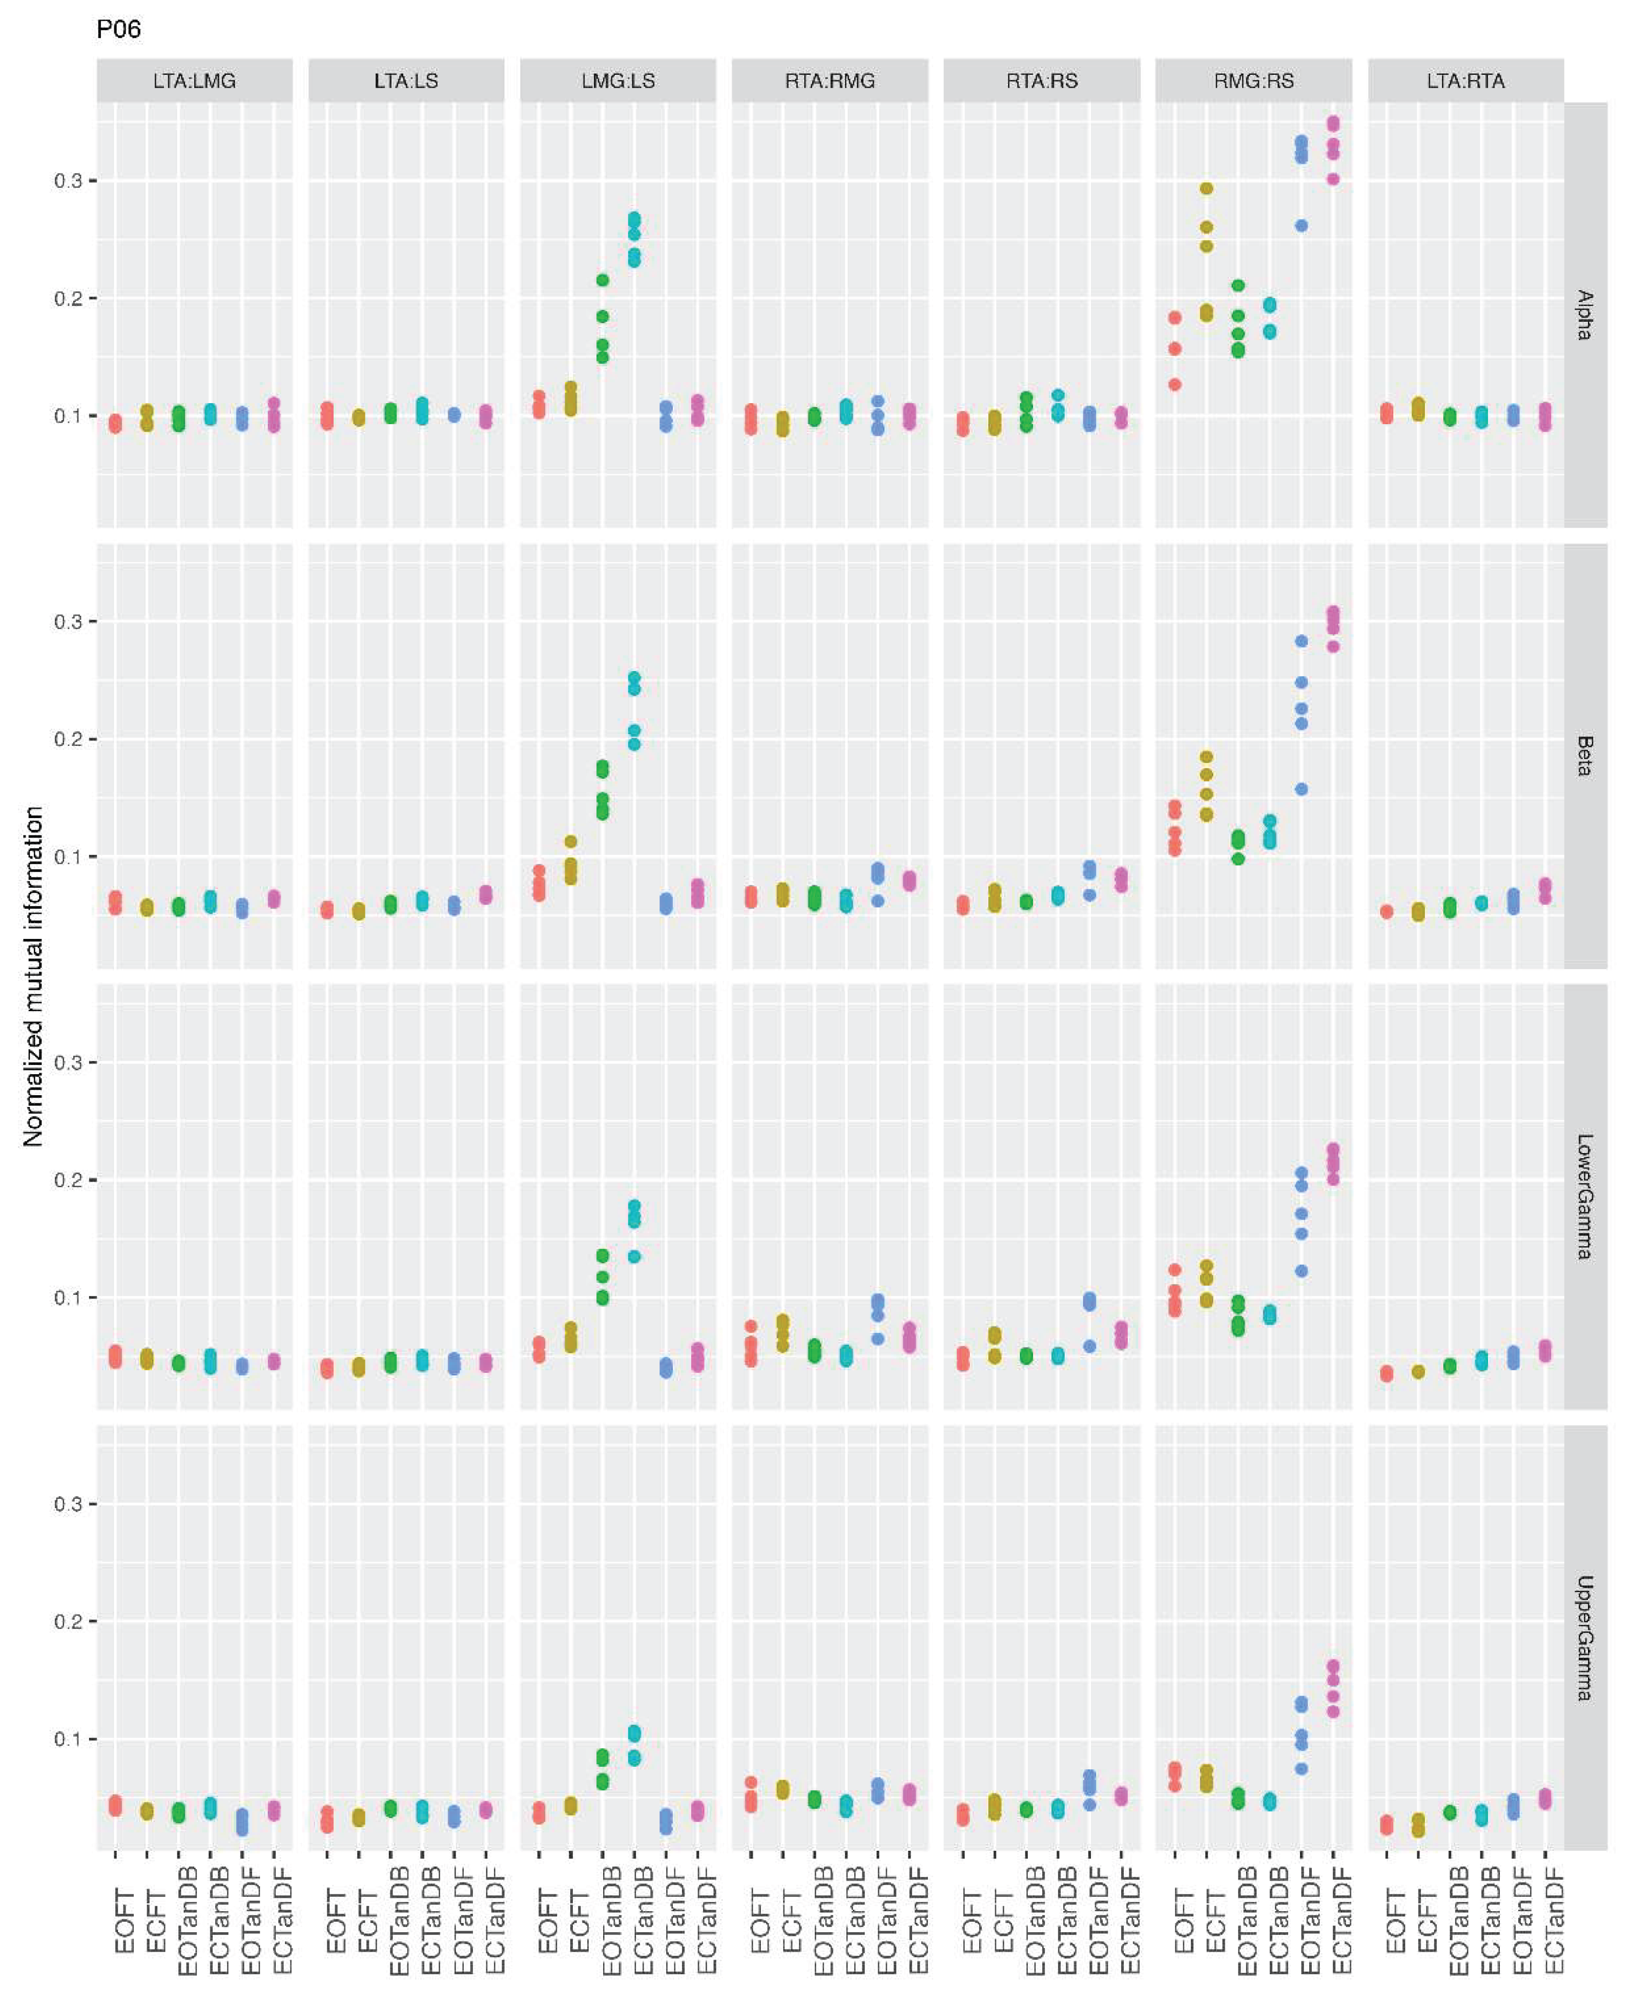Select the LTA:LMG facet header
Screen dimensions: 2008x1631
[x=195, y=81]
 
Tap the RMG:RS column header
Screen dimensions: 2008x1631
[x=1253, y=81]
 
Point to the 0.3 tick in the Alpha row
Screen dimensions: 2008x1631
[x=68, y=180]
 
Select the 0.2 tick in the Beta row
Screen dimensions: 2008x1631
[x=68, y=739]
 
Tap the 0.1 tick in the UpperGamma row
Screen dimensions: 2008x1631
[x=68, y=1739]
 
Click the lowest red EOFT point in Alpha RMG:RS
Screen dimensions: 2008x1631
[x=1174, y=384]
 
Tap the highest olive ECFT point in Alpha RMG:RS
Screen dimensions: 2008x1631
[x=1206, y=189]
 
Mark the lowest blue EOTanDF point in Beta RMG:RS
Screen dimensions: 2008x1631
[x=1301, y=789]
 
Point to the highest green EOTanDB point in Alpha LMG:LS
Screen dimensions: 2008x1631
[x=602, y=280]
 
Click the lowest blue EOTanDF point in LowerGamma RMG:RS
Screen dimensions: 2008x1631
[x=1301, y=1271]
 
